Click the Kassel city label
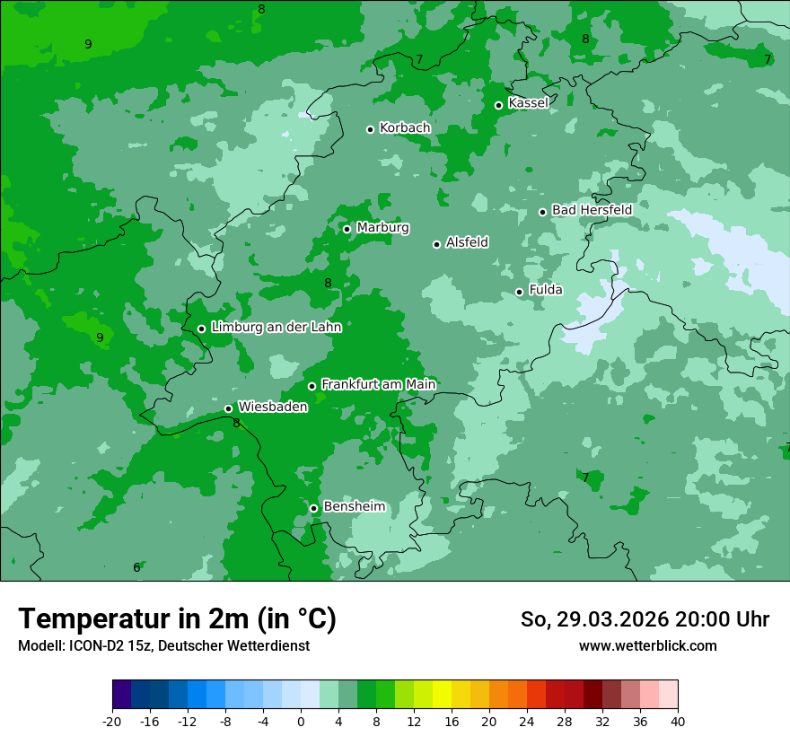click(528, 103)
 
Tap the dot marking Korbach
click(370, 129)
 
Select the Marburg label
click(382, 228)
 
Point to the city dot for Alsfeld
click(437, 244)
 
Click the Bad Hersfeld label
click(592, 210)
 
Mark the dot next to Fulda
click(520, 292)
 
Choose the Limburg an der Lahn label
click(276, 328)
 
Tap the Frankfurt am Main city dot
click(312, 386)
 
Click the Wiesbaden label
click(272, 407)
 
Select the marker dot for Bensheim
click(314, 508)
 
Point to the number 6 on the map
click(136, 567)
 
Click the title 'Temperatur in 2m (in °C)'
click(177, 619)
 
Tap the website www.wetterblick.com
click(647, 645)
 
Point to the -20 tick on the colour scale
click(112, 721)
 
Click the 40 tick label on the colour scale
click(677, 721)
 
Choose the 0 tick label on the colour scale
click(301, 721)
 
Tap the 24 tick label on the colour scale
click(527, 721)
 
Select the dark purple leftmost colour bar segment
click(122, 695)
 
